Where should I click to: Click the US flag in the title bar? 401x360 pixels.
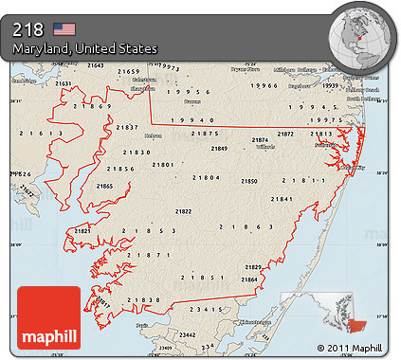[x=64, y=28]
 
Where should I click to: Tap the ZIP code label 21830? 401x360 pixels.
[x=137, y=152]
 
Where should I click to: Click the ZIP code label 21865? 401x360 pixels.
[x=104, y=187]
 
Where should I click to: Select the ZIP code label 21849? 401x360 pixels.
[x=220, y=149]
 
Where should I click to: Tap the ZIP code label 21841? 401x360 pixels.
[x=282, y=199]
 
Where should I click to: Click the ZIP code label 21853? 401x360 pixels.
[x=150, y=231]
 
